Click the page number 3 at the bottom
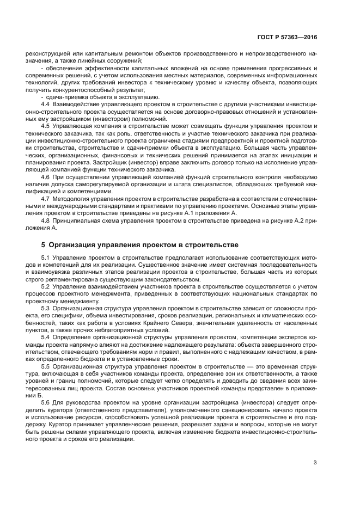click(315, 463)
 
